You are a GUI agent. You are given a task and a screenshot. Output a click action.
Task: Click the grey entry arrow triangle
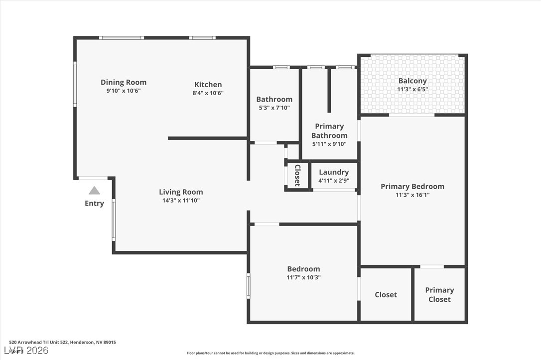pos(94,191)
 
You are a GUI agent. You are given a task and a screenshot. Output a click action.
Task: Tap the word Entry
pos(94,203)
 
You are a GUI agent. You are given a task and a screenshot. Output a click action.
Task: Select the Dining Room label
pos(124,82)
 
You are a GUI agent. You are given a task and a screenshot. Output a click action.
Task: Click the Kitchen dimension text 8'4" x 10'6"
pos(208,93)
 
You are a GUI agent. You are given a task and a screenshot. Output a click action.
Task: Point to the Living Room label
pos(181,192)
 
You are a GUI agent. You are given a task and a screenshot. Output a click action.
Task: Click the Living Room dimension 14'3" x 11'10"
pos(181,201)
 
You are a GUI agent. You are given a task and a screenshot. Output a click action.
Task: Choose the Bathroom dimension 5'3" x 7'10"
pos(274,108)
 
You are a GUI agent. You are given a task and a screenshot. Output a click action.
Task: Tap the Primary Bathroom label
pos(329,131)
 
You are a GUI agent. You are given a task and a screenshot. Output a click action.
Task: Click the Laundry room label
pos(334,172)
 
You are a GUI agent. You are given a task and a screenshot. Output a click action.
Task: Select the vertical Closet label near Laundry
pos(297,175)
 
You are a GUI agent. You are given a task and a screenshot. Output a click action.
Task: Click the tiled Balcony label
pos(412,81)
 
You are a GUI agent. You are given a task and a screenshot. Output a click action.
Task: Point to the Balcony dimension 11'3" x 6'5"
pos(412,90)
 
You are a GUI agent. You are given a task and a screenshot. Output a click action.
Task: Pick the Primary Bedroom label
pos(412,186)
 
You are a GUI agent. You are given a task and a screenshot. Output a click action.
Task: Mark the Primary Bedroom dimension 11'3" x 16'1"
pos(412,195)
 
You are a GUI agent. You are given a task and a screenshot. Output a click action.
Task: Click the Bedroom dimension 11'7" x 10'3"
pos(303,277)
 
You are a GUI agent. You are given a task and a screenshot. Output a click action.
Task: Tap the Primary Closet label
pos(439,294)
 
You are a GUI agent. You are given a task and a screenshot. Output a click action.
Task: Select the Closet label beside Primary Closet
pos(386,295)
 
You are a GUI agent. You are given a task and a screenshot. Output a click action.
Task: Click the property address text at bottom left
pos(62,342)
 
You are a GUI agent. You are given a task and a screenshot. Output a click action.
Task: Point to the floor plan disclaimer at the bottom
pos(270,353)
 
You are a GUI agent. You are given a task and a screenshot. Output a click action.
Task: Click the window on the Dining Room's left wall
pos(75,84)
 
